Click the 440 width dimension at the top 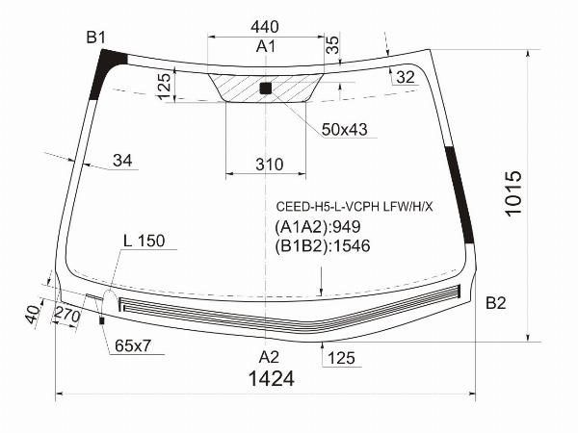pos(264,27)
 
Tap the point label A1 pos(266,47)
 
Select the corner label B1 pos(95,38)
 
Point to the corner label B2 pos(496,303)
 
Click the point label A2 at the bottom pos(269,357)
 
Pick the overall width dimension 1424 pos(272,378)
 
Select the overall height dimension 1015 pos(513,193)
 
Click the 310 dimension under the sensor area pos(270,165)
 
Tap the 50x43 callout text pos(344,130)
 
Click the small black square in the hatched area pos(266,89)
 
